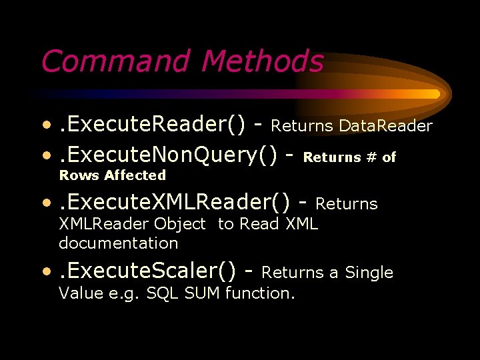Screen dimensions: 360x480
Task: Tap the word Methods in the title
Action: click(x=262, y=62)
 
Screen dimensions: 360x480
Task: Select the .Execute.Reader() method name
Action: click(x=152, y=125)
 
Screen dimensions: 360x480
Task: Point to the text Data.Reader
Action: click(x=386, y=125)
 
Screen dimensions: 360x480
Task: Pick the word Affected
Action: click(x=135, y=175)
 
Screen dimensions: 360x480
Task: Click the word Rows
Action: click(x=79, y=175)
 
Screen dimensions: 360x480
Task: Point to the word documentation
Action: click(x=119, y=243)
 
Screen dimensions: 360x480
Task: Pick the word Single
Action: click(x=369, y=273)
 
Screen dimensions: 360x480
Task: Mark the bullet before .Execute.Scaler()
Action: click(x=46, y=272)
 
